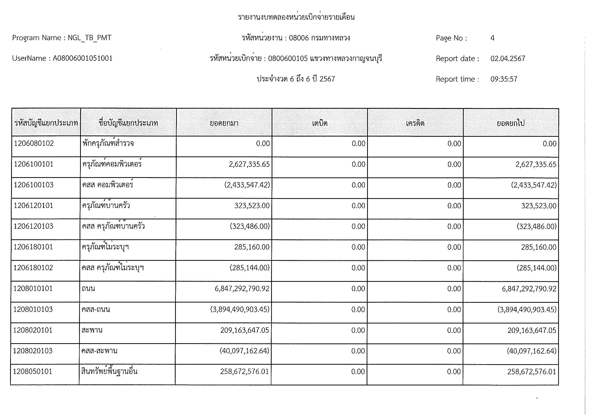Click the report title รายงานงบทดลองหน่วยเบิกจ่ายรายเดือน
pos(296,17)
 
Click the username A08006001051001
pos(83,58)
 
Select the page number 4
pos(492,38)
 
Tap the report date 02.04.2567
pos(508,59)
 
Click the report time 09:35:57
pos(504,79)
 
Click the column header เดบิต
pos(319,123)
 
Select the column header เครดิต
pos(415,123)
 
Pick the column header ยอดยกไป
pos(510,123)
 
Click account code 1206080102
pos(34,143)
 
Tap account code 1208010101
pos(33,289)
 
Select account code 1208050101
pos(32,371)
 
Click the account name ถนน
pos(88,289)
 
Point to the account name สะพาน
pos(92,330)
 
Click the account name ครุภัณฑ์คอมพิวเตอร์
pos(112,164)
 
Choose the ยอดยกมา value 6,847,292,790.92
pos(242,289)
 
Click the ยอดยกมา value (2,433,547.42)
pos(247,185)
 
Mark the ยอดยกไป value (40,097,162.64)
pos(532,351)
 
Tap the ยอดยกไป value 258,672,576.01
pos(532,372)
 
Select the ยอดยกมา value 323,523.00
pos(252,206)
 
